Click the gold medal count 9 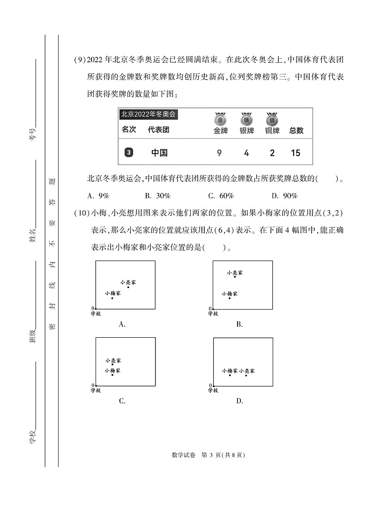219,153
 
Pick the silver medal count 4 246,153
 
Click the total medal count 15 296,153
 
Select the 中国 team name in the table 159,153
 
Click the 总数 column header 296,131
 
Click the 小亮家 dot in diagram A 128,287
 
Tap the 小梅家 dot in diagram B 230,298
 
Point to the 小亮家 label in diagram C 113,361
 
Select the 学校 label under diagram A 96,313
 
